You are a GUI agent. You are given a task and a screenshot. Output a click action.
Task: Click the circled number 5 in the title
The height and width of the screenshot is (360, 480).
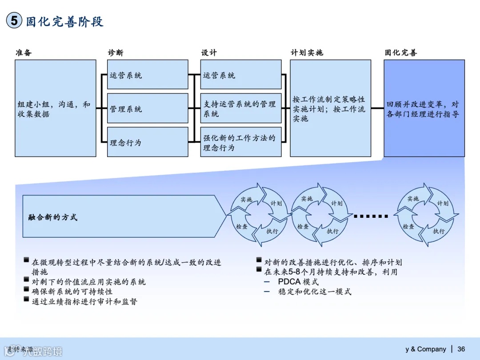click(x=14, y=21)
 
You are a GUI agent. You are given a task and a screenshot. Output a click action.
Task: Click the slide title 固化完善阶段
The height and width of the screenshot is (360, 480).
click(x=65, y=21)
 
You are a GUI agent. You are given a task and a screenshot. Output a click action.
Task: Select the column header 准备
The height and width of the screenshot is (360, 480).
click(x=24, y=52)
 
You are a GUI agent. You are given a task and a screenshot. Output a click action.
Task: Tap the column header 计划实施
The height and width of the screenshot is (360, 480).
click(x=307, y=52)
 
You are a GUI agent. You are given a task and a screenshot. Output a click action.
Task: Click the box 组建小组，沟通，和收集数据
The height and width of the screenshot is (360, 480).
click(x=55, y=108)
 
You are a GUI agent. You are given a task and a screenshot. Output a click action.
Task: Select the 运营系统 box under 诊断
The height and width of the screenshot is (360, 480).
click(x=148, y=75)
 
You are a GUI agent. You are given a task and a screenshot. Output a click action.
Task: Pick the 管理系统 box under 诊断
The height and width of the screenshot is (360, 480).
click(x=148, y=108)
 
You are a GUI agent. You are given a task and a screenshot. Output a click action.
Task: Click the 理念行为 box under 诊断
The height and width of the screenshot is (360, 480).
click(x=148, y=142)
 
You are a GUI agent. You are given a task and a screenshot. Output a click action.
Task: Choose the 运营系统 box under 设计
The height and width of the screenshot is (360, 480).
click(x=240, y=75)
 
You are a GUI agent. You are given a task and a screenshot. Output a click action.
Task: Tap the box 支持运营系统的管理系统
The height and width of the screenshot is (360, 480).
click(x=240, y=108)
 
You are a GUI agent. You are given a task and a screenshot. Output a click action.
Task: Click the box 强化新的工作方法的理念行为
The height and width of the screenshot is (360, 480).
click(x=240, y=142)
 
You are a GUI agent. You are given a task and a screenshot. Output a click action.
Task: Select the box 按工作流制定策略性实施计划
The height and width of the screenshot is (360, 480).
click(x=330, y=108)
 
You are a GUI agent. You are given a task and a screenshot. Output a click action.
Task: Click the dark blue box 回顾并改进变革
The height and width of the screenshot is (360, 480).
click(x=424, y=108)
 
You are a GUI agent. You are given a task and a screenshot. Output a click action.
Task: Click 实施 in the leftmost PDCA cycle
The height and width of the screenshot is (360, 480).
click(x=246, y=200)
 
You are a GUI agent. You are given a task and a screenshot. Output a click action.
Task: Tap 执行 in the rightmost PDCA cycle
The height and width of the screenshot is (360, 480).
click(x=439, y=231)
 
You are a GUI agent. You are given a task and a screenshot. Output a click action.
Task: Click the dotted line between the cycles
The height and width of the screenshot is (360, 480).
click(x=371, y=216)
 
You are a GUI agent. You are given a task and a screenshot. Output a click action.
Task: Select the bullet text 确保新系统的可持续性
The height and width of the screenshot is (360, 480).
click(x=72, y=292)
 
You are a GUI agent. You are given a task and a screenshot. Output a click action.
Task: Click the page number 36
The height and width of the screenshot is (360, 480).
click(x=461, y=349)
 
